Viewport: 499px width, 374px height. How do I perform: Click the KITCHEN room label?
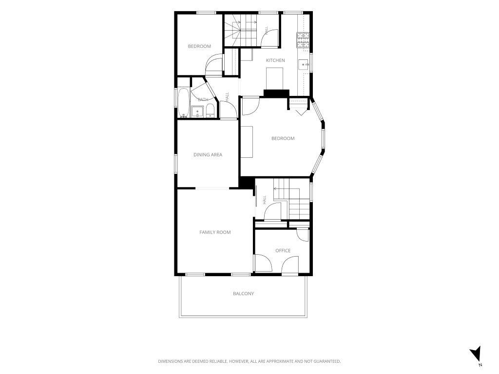tap(275, 60)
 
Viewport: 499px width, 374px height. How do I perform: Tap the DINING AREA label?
tap(208, 154)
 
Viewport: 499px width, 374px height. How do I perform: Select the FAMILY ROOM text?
tap(215, 232)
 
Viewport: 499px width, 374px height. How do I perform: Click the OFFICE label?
tap(283, 251)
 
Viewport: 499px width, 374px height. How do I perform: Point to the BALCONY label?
tap(244, 294)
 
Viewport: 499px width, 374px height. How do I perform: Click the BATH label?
tap(203, 99)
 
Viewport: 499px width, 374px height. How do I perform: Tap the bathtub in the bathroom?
tap(183, 103)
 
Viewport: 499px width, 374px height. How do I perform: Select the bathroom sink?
tap(197, 112)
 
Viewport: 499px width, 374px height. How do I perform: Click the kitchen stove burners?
tap(303, 40)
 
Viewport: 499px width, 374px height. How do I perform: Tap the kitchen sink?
tap(304, 65)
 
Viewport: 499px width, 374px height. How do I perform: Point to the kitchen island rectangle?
tap(275, 79)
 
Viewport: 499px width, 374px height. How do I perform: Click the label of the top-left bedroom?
tap(199, 46)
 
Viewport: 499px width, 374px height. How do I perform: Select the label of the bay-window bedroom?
tap(283, 138)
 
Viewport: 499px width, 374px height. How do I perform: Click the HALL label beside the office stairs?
tap(265, 200)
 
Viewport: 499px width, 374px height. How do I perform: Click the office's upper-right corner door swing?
tap(303, 235)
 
